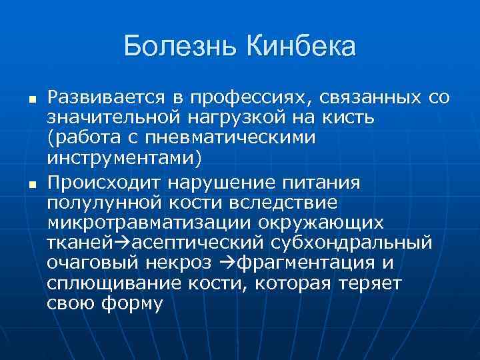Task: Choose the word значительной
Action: [114, 119]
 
